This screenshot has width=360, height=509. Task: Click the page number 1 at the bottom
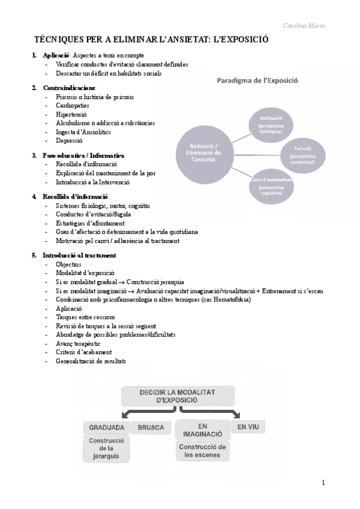click(x=323, y=482)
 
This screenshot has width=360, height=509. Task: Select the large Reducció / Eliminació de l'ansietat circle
click(x=204, y=152)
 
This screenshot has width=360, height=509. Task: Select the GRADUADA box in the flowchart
click(x=107, y=428)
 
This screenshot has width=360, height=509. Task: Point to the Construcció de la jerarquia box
click(x=107, y=448)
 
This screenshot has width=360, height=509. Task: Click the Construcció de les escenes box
click(x=202, y=451)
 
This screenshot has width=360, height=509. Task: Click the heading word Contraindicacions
click(x=69, y=88)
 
